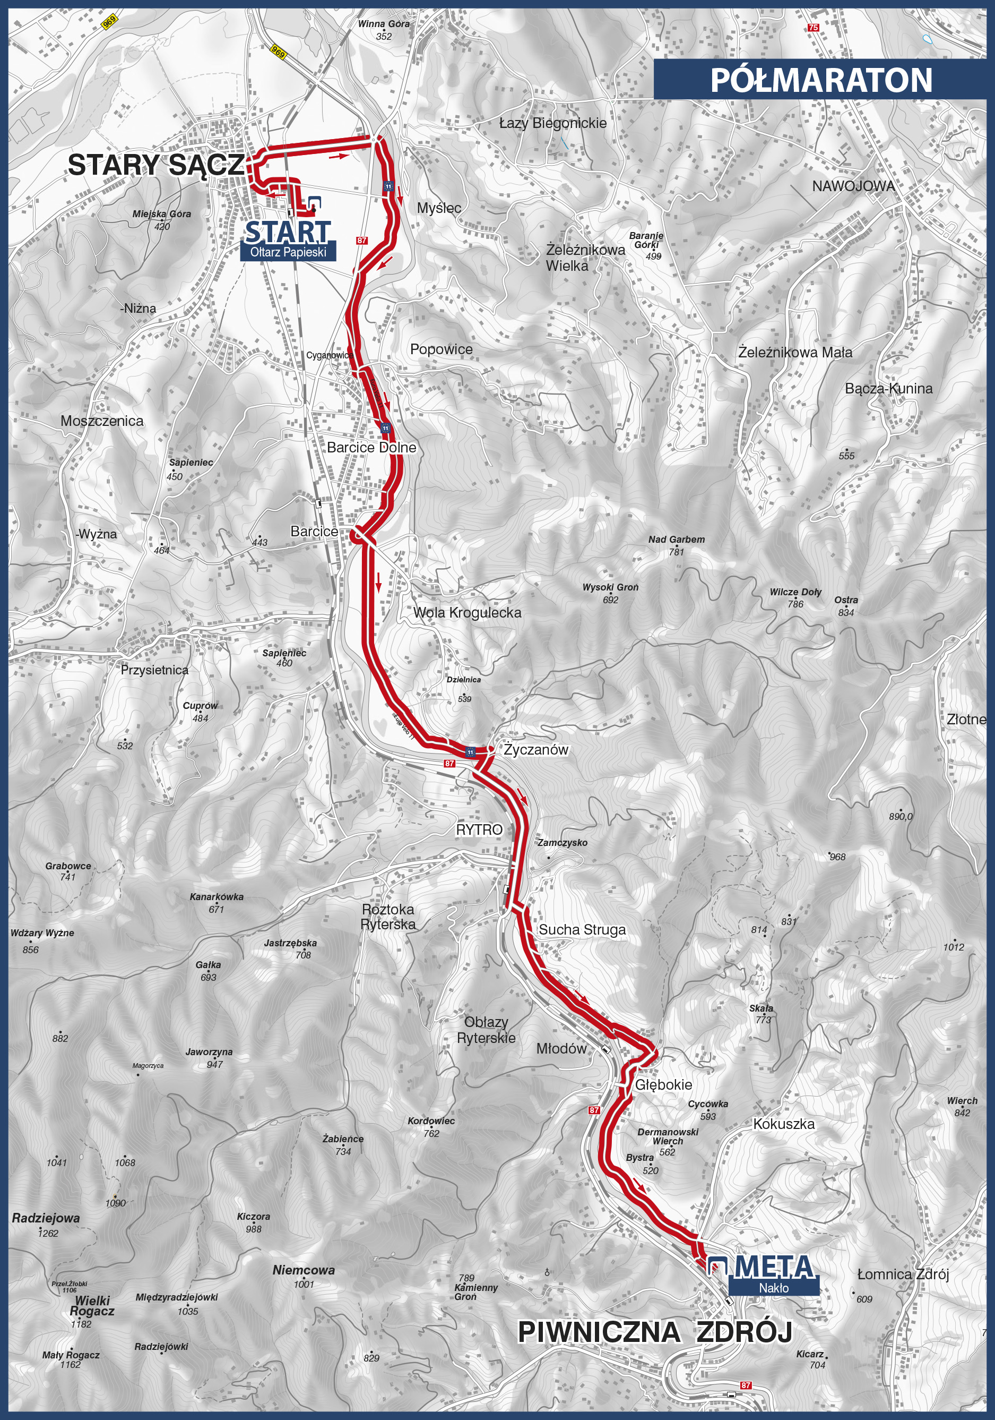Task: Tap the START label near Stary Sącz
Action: pyautogui.click(x=288, y=233)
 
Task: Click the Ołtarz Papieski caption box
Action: pyautogui.click(x=288, y=252)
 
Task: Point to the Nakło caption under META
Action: pyautogui.click(x=774, y=1288)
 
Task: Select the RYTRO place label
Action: pyautogui.click(x=479, y=830)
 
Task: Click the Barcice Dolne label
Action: pyautogui.click(x=371, y=447)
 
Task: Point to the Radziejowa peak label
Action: pyautogui.click(x=46, y=1218)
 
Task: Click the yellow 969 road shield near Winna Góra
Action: pyautogui.click(x=278, y=53)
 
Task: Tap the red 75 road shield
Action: pyautogui.click(x=814, y=28)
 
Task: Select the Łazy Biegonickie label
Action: pyautogui.click(x=552, y=123)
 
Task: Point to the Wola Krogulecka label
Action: pyautogui.click(x=467, y=613)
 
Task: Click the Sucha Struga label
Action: pyautogui.click(x=582, y=929)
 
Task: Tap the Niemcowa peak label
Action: pyautogui.click(x=304, y=1270)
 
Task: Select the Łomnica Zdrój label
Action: pyautogui.click(x=903, y=1274)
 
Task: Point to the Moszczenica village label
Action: pyautogui.click(x=102, y=421)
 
